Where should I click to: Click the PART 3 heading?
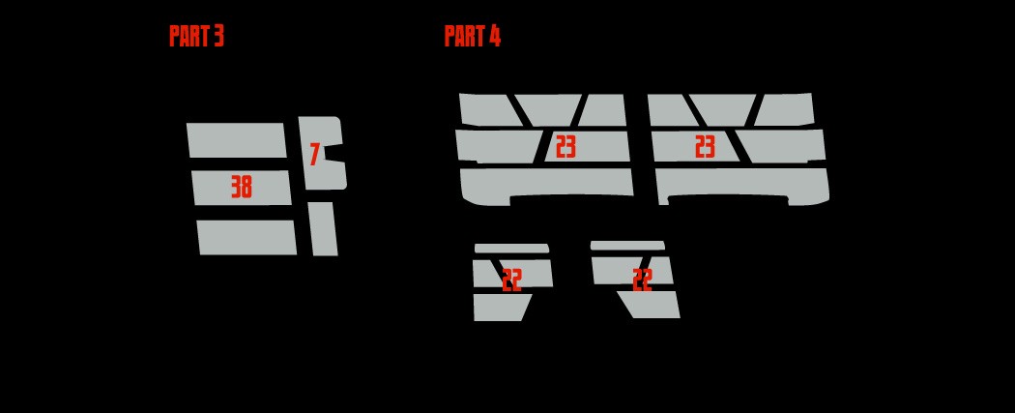(x=196, y=36)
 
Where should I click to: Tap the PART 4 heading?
(x=473, y=36)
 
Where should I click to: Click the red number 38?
(x=242, y=187)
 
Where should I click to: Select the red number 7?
(x=314, y=155)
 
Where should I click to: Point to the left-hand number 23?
(x=565, y=147)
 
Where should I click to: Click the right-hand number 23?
(x=705, y=147)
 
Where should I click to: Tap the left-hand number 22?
(x=511, y=280)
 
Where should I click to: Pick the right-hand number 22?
(x=642, y=280)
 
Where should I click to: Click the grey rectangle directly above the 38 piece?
(x=236, y=140)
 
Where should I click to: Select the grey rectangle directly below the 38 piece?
(x=246, y=238)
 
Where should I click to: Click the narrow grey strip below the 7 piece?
(x=323, y=228)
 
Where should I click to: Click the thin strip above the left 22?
(x=511, y=249)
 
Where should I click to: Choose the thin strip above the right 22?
(x=627, y=246)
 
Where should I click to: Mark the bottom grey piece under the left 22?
(x=502, y=308)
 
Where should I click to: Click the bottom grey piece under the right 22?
(x=650, y=305)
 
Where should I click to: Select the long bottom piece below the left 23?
(x=546, y=185)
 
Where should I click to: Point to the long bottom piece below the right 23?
(x=742, y=185)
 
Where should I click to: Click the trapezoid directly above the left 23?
(x=549, y=110)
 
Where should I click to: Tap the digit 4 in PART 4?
(x=495, y=36)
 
